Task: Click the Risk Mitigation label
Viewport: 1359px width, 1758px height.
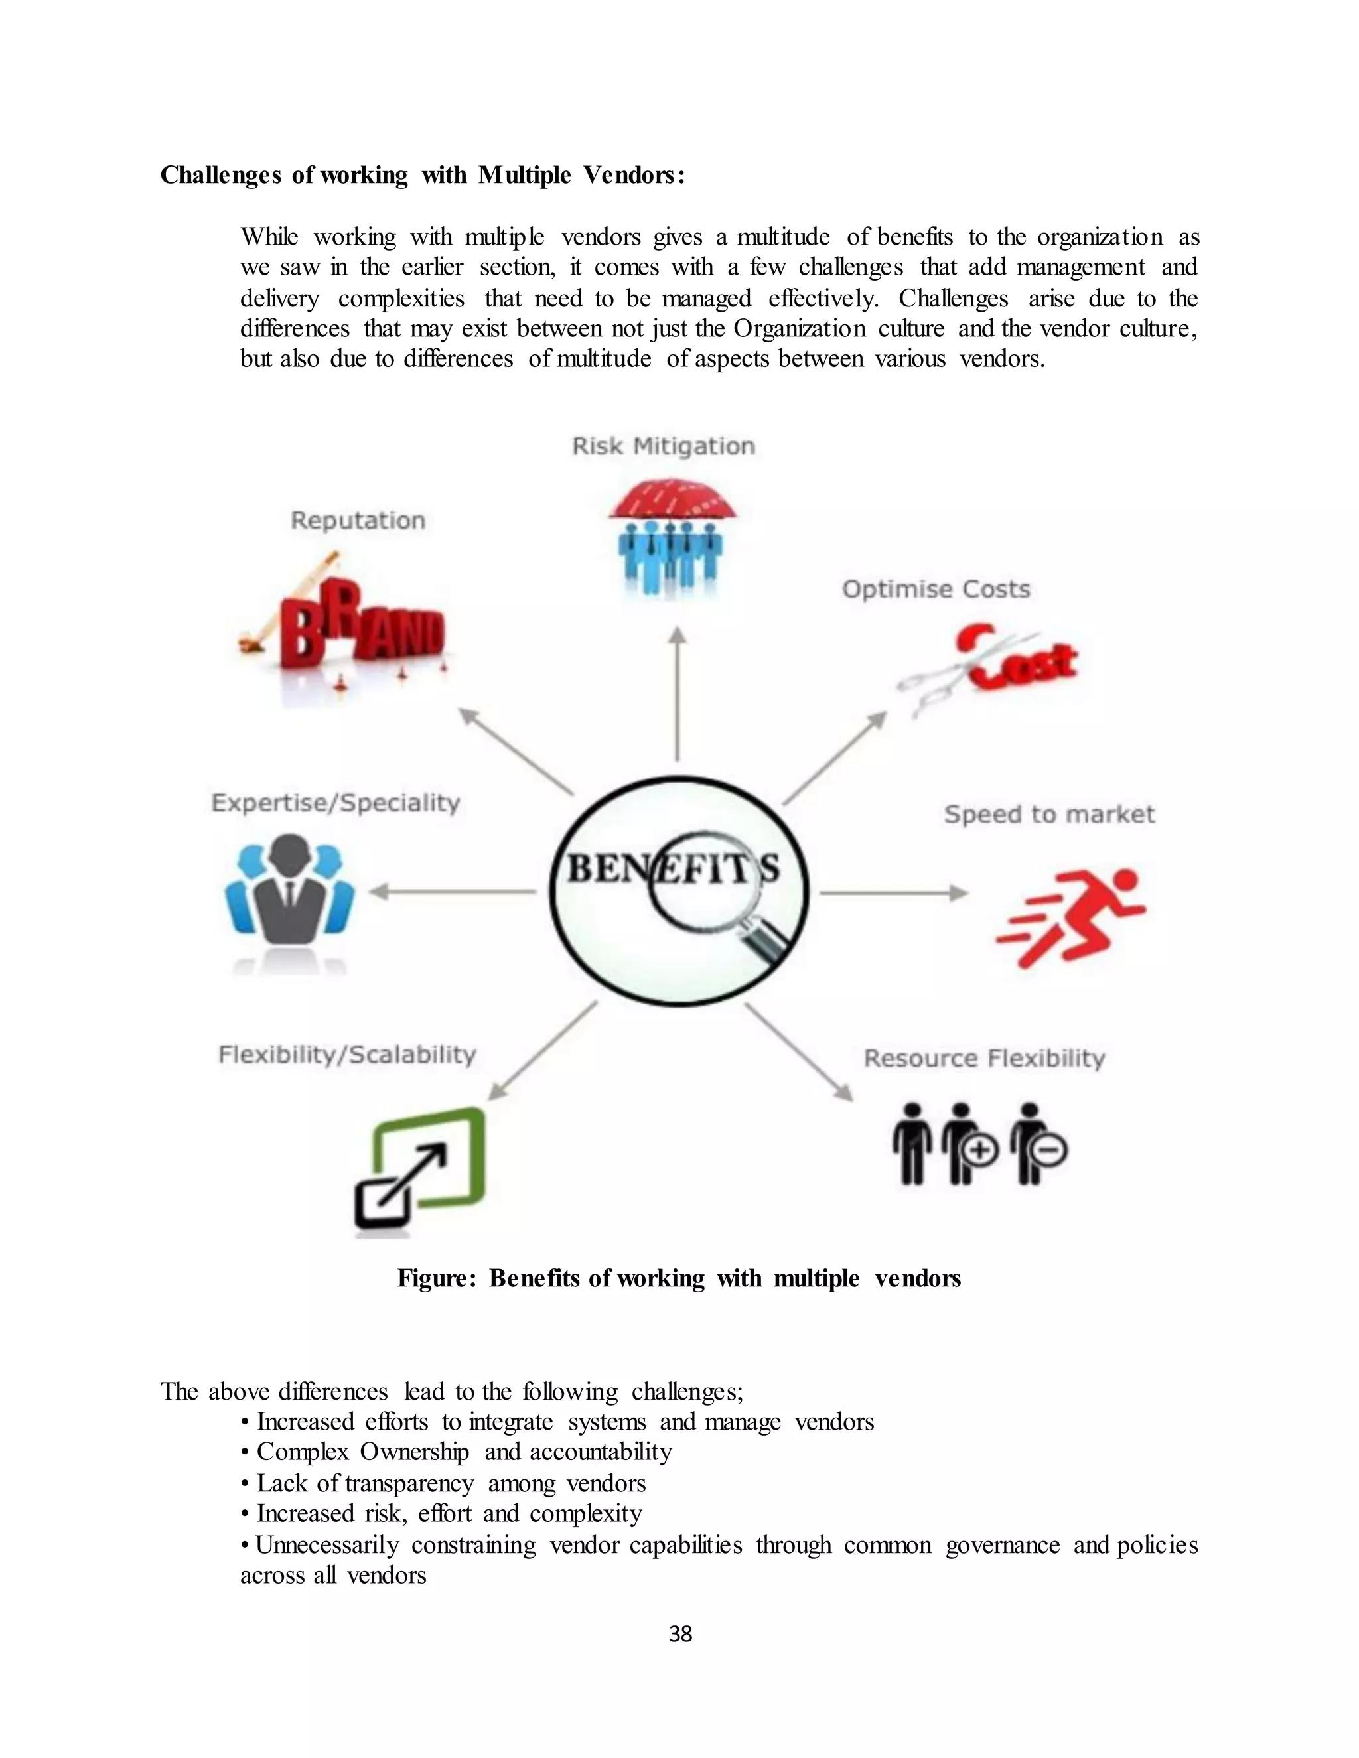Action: pos(664,446)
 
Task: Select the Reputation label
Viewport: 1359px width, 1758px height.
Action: pos(358,521)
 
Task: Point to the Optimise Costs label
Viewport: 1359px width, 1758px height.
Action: pos(936,589)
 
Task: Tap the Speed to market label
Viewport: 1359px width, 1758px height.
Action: pos(1049,814)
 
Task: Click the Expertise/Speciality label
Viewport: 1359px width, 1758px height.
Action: pos(335,803)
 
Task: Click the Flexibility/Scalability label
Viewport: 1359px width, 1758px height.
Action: pos(347,1055)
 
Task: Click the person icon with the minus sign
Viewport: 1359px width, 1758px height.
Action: pos(1038,1143)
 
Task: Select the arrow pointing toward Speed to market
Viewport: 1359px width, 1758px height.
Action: pos(894,893)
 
